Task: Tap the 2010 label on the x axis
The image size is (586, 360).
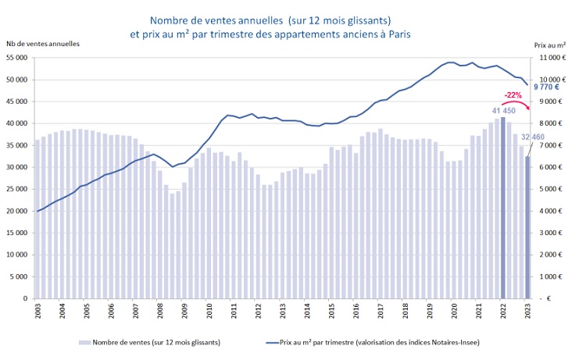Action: click(209, 311)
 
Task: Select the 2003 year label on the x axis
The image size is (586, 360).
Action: click(38, 311)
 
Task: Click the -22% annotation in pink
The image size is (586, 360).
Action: click(513, 94)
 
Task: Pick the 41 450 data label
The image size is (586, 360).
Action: click(503, 111)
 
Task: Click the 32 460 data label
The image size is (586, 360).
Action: click(533, 137)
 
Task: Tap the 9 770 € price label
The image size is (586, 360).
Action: click(548, 87)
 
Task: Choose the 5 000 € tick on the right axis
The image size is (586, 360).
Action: click(551, 189)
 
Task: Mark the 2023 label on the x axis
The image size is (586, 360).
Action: click(527, 311)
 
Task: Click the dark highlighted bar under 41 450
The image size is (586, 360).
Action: click(503, 211)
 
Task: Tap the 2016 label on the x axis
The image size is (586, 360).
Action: click(356, 311)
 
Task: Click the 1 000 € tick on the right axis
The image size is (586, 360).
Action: click(551, 276)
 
